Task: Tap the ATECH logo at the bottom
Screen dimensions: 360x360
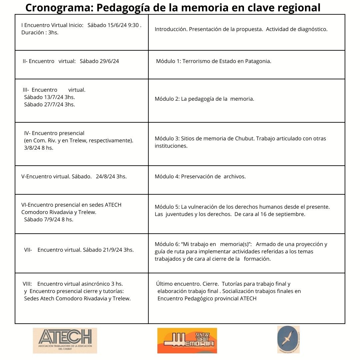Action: pyautogui.click(x=65, y=340)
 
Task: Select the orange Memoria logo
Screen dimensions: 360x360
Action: pyautogui.click(x=187, y=340)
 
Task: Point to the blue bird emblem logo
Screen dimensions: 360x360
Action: pyautogui.click(x=288, y=339)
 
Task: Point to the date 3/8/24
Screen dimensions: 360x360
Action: pyautogui.click(x=32, y=148)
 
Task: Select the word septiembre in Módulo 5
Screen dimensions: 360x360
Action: pyautogui.click(x=291, y=214)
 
